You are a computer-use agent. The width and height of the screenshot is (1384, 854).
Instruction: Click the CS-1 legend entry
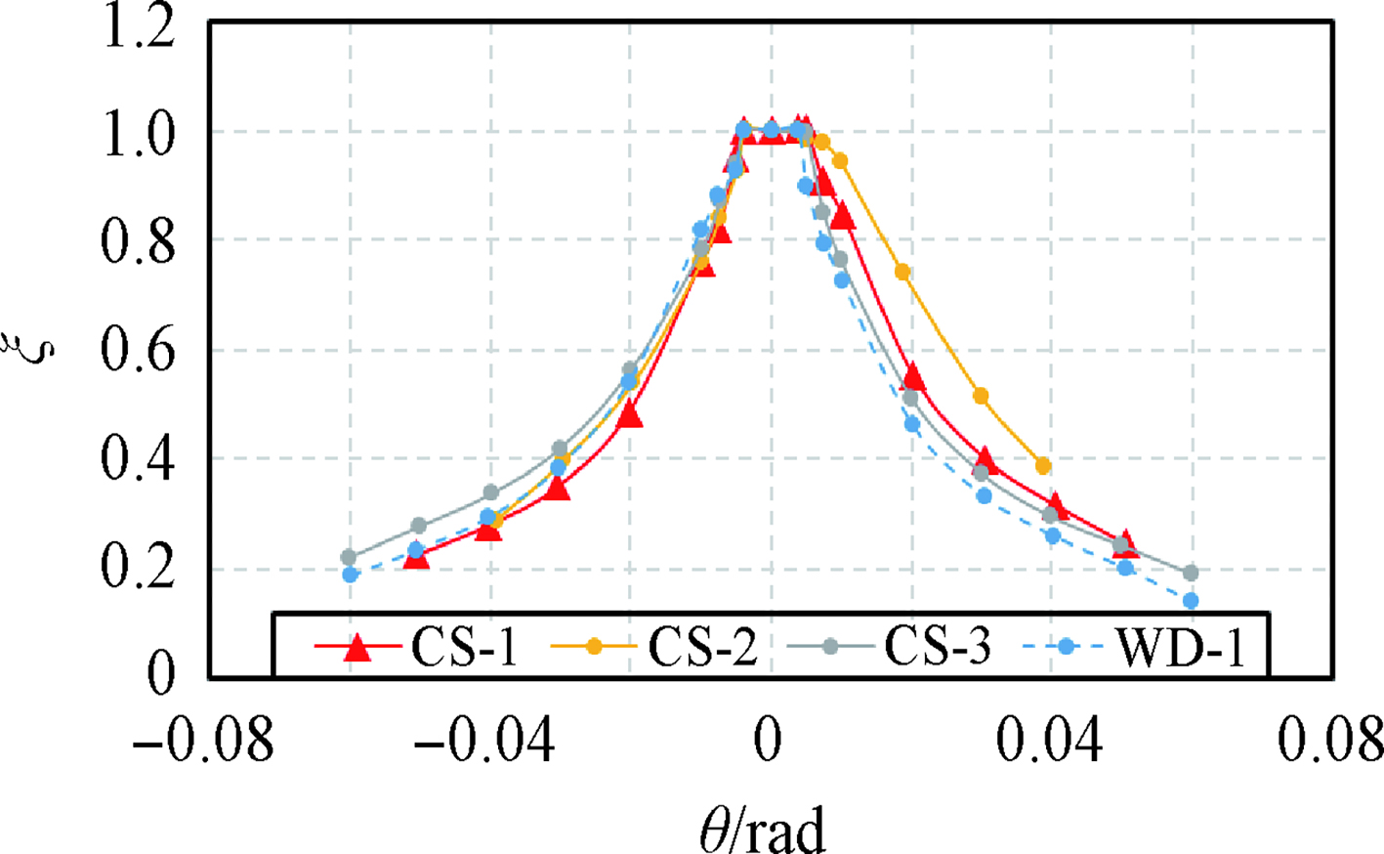415,647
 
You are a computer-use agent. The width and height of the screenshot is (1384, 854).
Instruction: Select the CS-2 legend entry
654,647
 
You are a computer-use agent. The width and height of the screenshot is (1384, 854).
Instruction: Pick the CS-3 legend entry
889,647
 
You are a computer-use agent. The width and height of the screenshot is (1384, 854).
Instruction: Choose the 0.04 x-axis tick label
1050,741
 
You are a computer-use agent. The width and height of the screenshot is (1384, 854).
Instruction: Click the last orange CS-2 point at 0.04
1043,466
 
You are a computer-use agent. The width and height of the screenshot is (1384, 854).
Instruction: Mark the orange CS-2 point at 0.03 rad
981,396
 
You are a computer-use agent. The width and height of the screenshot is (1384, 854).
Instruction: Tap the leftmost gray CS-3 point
349,557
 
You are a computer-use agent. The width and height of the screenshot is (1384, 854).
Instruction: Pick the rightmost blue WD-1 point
1190,601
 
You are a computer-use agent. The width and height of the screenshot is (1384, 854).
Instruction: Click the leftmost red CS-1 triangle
416,557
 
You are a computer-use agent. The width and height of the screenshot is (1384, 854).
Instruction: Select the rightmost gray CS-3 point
1190,573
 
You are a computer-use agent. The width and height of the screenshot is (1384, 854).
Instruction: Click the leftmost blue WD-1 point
350,575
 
